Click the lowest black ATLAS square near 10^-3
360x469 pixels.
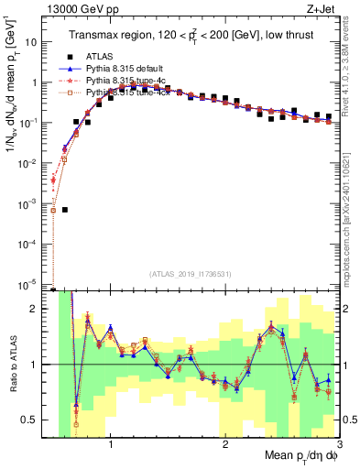coord(65,210)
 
